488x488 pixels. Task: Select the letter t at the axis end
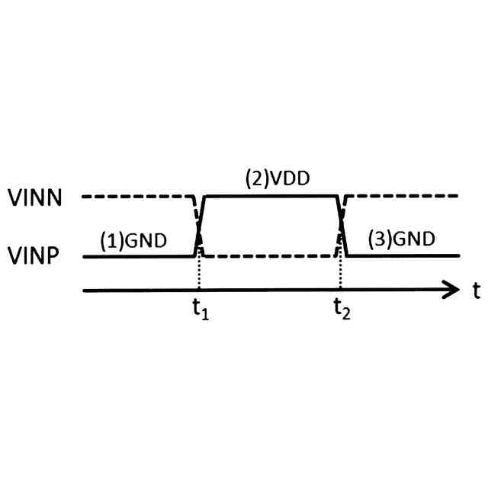coord(474,290)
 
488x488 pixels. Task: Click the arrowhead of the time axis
coord(450,290)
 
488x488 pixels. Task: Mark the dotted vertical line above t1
coord(198,274)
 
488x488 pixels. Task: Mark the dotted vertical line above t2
coord(340,274)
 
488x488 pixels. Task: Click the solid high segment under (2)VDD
coord(271,197)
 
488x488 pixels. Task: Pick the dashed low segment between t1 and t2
coord(271,256)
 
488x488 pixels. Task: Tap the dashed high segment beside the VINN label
coord(137,197)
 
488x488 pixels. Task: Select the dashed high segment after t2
coord(404,197)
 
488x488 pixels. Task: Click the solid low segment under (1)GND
coord(137,256)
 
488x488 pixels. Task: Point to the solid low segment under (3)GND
coord(404,256)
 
